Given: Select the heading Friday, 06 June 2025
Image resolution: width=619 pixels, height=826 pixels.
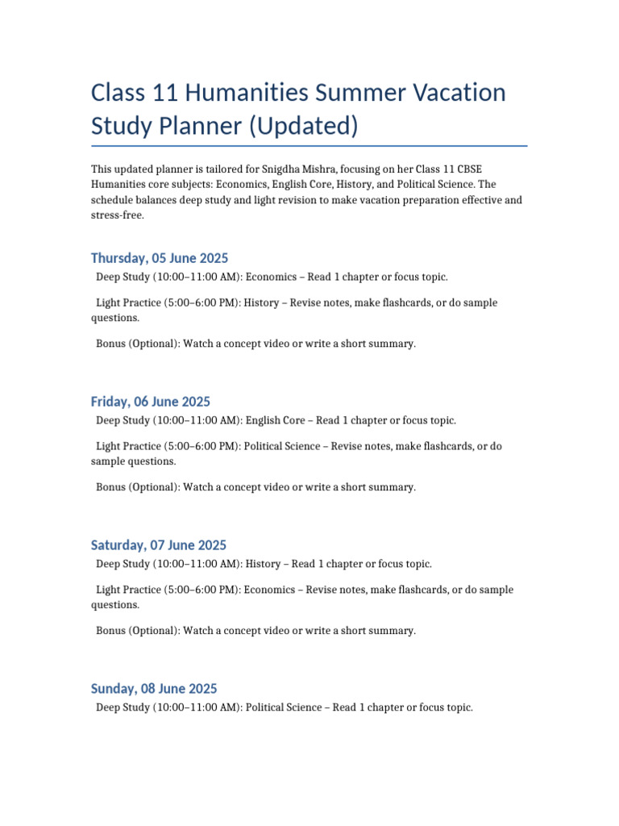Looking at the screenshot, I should [151, 402].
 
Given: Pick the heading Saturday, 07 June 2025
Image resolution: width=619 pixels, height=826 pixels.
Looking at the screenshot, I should [159, 545].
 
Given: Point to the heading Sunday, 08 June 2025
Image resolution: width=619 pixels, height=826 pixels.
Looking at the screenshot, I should [154, 689].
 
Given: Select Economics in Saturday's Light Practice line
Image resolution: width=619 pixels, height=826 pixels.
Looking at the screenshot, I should [271, 590].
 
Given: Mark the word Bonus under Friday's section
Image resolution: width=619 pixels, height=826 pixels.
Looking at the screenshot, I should [111, 487].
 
